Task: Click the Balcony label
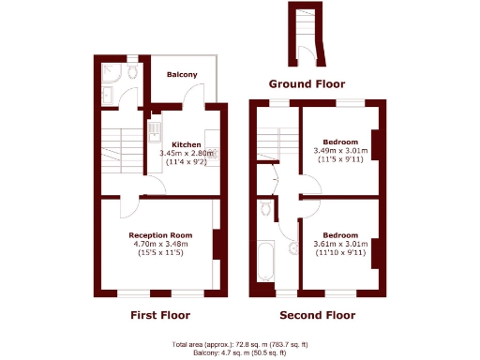coord(182,74)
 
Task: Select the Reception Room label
coord(160,234)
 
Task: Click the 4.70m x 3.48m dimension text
coord(160,244)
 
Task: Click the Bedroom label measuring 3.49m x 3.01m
coord(338,141)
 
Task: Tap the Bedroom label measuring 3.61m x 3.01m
coord(339,234)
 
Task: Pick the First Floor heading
coord(159,315)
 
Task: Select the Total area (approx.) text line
coord(240,344)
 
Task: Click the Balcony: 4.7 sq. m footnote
coord(240,352)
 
